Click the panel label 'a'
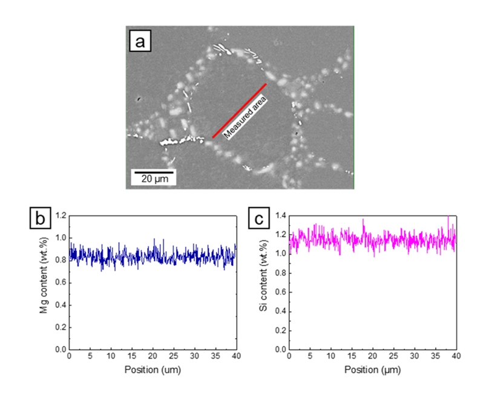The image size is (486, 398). (x=140, y=42)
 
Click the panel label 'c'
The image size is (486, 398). (x=259, y=218)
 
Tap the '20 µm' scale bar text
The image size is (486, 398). (x=154, y=179)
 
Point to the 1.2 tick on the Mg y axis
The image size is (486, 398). (x=61, y=215)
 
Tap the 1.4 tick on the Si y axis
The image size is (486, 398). (x=280, y=215)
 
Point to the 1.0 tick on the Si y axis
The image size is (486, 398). (x=280, y=253)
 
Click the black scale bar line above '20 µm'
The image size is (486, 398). (x=154, y=172)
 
